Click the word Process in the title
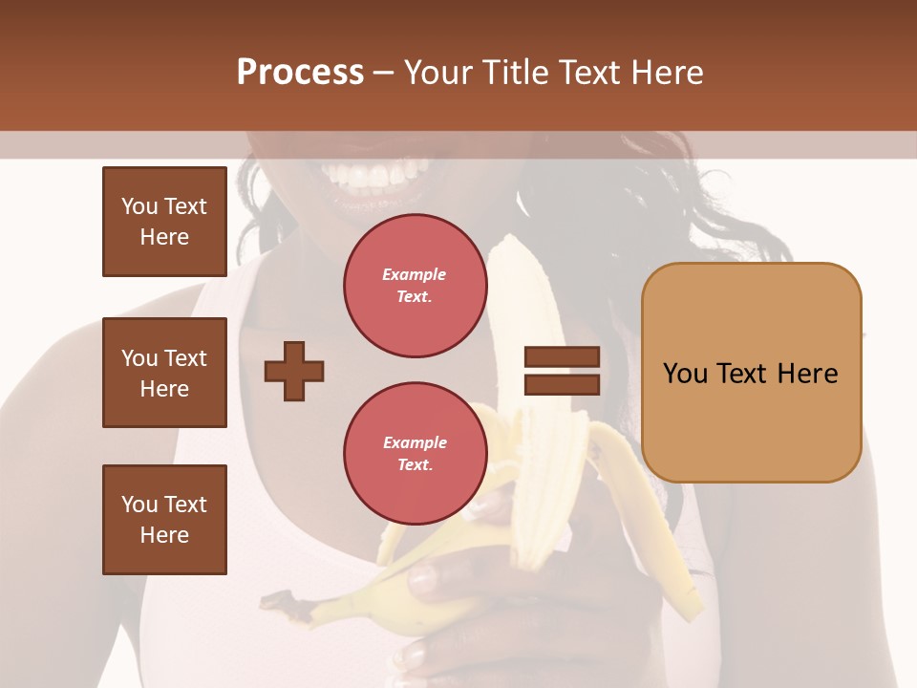[300, 73]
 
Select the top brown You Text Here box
[164, 222]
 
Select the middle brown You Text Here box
[164, 373]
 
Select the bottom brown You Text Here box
[164, 520]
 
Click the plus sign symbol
[293, 371]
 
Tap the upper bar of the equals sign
[562, 356]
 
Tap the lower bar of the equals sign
[562, 384]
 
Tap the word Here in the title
[666, 73]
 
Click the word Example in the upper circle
[415, 274]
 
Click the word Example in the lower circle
[415, 442]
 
